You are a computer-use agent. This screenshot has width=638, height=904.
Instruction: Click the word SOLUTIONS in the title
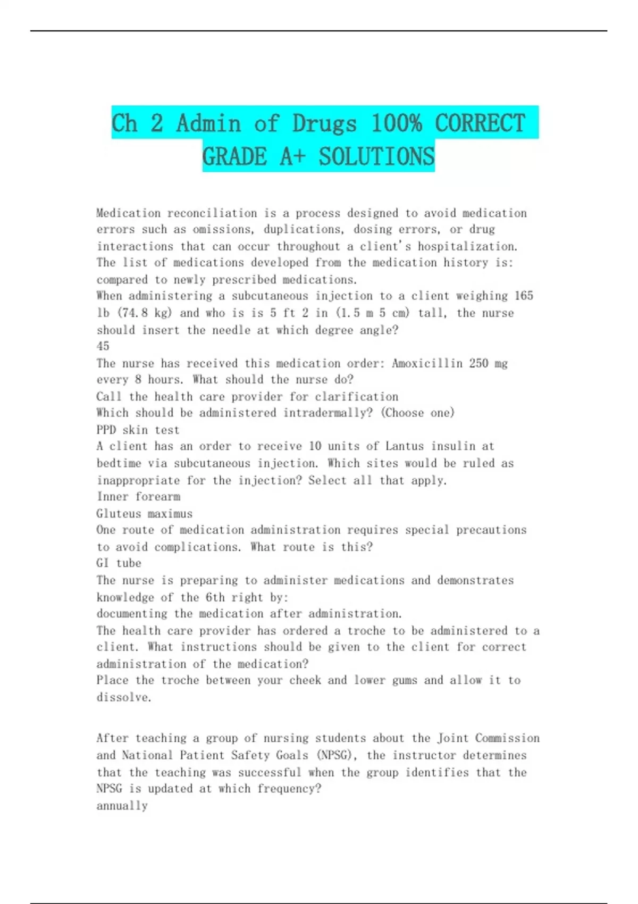pos(376,156)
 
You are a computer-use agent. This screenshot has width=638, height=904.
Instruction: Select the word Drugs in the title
pos(324,123)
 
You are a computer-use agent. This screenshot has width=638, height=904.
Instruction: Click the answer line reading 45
pos(103,346)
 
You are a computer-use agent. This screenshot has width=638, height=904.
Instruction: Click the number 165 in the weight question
pos(524,296)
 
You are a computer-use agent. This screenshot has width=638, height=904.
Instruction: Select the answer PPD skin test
pos(138,430)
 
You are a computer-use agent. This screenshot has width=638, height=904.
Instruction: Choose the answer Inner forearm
pos(138,497)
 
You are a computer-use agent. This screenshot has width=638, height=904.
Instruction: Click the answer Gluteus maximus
pos(144,514)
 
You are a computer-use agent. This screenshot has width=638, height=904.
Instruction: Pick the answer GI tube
pos(119,563)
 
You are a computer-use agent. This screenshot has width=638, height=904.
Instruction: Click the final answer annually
pos(122,806)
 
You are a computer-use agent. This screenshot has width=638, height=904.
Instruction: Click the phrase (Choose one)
pos(417,413)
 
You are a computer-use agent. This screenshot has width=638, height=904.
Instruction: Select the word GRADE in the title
pos(234,156)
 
